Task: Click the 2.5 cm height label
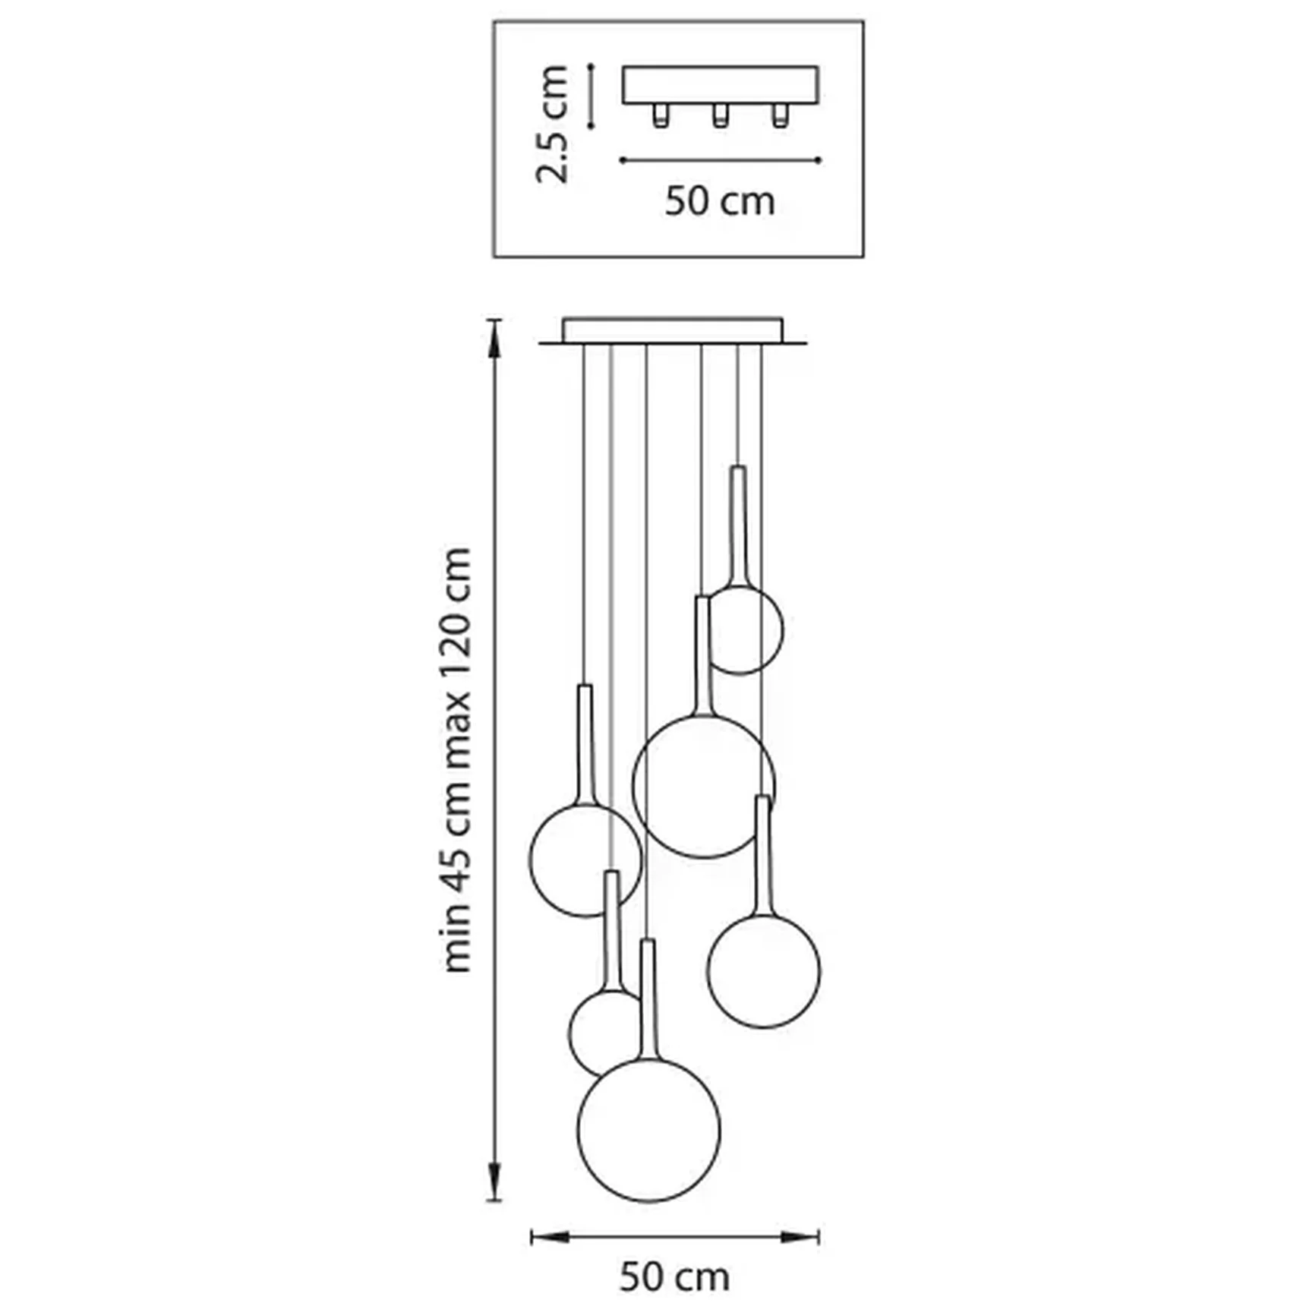[x=553, y=125]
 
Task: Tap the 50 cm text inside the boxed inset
[x=720, y=202]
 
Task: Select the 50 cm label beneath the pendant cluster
[x=674, y=1277]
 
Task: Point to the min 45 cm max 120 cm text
[x=457, y=759]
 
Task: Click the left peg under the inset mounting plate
[x=661, y=115]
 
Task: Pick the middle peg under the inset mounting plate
[x=720, y=115]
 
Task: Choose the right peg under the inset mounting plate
[x=779, y=115]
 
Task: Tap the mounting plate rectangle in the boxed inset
[x=720, y=85]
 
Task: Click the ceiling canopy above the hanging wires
[x=673, y=330]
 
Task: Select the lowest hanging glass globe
[x=649, y=1130]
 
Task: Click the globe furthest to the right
[x=764, y=972]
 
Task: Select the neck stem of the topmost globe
[x=738, y=524]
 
